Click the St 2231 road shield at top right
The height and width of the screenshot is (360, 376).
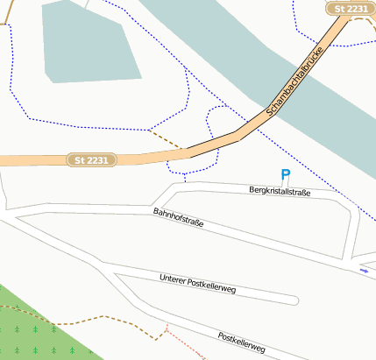(x=351, y=9)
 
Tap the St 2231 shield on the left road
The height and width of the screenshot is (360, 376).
(x=91, y=159)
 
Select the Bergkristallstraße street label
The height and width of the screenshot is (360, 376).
(x=280, y=190)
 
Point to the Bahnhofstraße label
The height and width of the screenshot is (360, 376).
(x=178, y=217)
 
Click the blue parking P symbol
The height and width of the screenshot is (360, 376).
(x=284, y=175)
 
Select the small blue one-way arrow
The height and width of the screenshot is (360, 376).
(x=365, y=271)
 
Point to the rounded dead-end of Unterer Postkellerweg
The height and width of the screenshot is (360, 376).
(x=294, y=301)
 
